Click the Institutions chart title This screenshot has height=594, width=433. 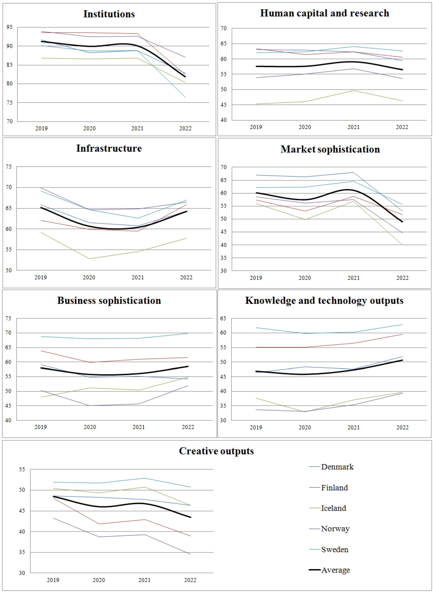pos(109,14)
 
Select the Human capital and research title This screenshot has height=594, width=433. pos(325,13)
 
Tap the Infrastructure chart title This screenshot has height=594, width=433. pos(109,148)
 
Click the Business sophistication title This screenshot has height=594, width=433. pos(109,301)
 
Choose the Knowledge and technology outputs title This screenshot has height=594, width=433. pos(324,301)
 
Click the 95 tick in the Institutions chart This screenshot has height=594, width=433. pos(9,27)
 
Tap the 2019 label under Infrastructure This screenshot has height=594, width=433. pos(41,277)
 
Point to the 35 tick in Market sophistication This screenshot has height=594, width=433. pos(224,258)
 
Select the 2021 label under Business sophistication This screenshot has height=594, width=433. pos(138,427)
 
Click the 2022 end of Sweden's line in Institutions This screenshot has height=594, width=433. pos(185,97)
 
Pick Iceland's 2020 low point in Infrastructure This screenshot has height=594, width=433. pos(89,259)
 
